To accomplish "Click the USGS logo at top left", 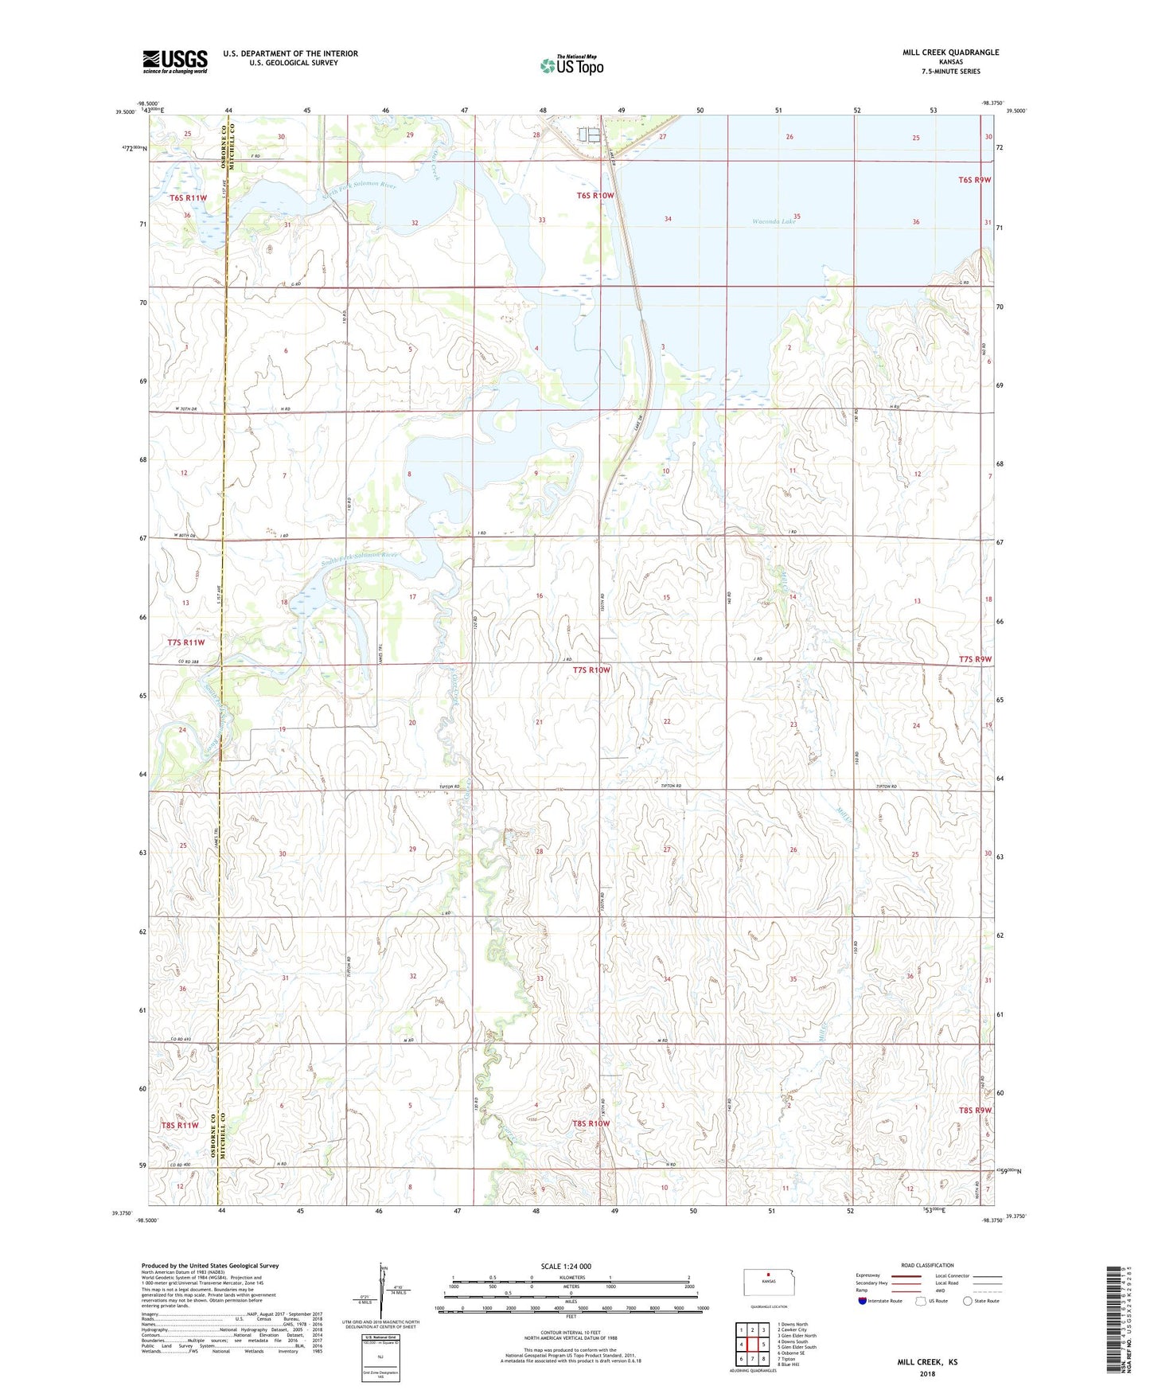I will click(175, 61).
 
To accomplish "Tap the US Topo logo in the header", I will click(571, 65).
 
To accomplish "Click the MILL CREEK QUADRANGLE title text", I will click(950, 53).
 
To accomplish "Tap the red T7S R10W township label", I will click(591, 670).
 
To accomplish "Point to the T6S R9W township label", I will click(974, 180).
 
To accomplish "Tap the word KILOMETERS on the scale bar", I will click(571, 1277).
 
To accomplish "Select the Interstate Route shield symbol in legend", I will click(862, 1301).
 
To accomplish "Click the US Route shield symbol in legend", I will click(922, 1301).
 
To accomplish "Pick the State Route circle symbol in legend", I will click(968, 1301).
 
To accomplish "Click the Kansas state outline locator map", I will click(768, 1283).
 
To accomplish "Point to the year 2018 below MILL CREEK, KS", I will click(927, 1373).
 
